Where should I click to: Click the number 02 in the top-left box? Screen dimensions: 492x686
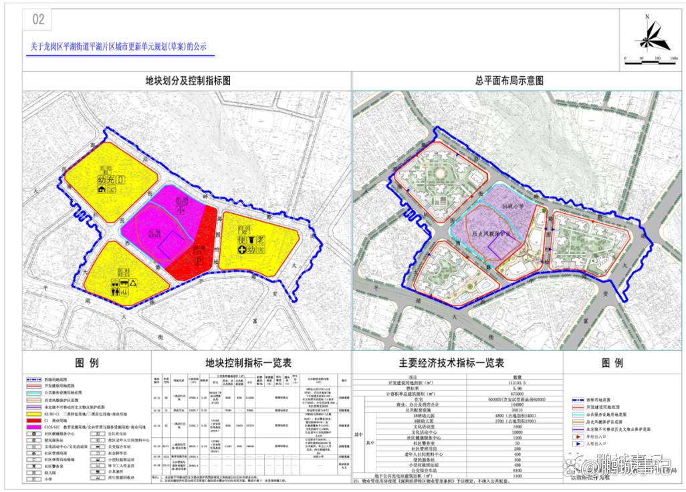click(38, 19)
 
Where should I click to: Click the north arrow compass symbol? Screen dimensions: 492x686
click(647, 37)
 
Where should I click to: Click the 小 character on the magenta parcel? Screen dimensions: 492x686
click(180, 208)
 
